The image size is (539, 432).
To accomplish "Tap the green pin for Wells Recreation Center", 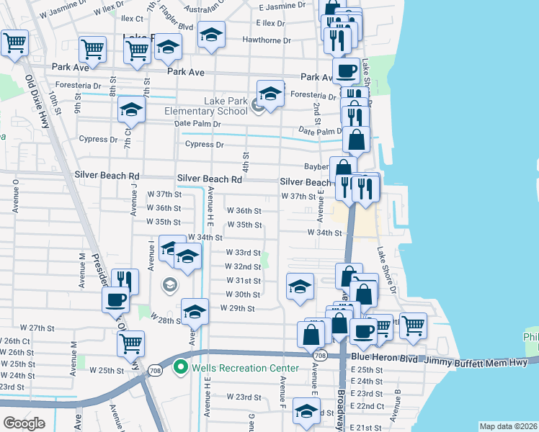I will pos(181,369).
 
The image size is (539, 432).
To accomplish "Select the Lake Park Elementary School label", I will pos(206,107).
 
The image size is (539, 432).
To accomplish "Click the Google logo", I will pos(24,423).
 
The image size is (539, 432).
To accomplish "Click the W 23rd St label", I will pos(243,397).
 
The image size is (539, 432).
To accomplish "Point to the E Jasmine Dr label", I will pos(281,6).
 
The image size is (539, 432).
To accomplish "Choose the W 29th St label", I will pos(241,309).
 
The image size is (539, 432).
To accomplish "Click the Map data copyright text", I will pos(509,426).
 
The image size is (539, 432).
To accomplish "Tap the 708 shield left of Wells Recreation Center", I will pos(156,370).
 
